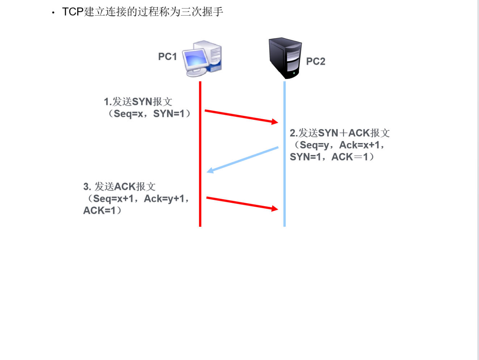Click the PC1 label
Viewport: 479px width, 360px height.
(167, 57)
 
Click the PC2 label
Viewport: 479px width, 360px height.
(316, 62)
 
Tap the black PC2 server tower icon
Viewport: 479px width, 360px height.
(285, 58)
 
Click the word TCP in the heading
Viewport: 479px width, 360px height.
(73, 12)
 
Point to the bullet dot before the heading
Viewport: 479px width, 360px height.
(53, 13)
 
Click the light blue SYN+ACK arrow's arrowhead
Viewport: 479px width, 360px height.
(210, 170)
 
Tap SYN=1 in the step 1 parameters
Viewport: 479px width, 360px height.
(169, 114)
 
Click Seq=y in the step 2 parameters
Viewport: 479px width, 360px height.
(314, 145)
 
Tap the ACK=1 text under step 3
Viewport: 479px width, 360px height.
(99, 211)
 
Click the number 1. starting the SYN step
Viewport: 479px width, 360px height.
(108, 102)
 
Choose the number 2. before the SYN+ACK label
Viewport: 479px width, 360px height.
(294, 133)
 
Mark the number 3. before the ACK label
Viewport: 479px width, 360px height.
(87, 187)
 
